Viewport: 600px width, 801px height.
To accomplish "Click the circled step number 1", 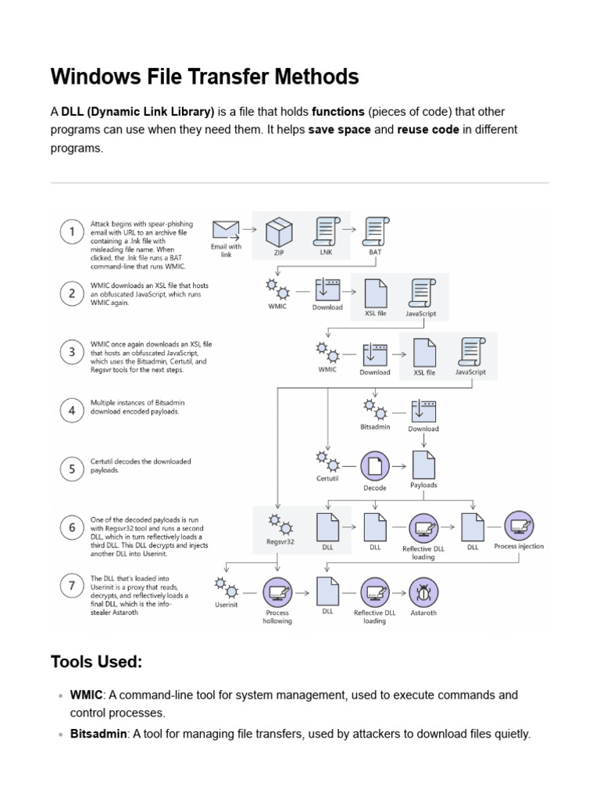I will click(73, 232).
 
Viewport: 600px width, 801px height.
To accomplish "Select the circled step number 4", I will click(73, 410).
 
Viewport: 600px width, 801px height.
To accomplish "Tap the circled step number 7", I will click(73, 586).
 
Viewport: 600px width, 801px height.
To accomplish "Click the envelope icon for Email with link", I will click(226, 229).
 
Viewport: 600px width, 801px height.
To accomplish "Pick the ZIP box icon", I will click(279, 232).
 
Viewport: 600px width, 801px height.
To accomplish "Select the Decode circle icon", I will click(375, 466).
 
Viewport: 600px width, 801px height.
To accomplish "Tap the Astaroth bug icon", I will click(423, 592).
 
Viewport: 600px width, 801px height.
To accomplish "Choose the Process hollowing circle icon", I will click(277, 592).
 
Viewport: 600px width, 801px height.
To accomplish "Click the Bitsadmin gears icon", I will click(374, 409).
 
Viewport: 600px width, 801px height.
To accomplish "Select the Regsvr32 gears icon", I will click(279, 523).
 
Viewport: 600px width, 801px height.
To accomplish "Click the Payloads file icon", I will click(423, 464).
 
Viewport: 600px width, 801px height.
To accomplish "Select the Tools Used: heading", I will click(96, 662).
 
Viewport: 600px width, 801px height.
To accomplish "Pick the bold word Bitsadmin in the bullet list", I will click(98, 734).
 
